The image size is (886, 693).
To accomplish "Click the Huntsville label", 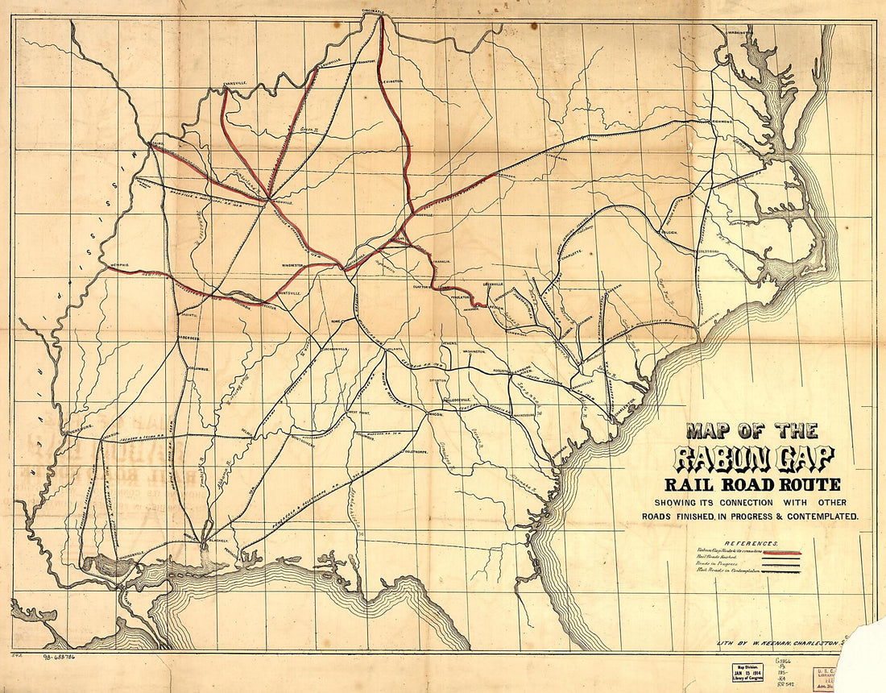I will coord(287,293).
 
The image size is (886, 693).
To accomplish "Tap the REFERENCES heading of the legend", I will coord(750,544).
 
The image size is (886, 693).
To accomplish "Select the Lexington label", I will coord(392,81).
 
